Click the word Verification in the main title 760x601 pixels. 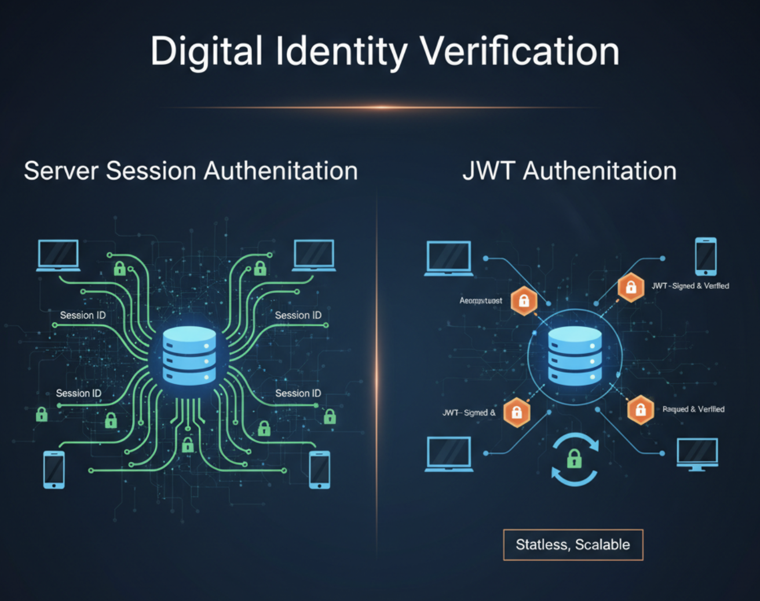[x=520, y=52]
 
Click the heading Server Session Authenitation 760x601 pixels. [x=191, y=171]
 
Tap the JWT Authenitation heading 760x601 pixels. [x=569, y=171]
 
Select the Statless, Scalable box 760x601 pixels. [x=573, y=545]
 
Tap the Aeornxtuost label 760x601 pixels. [x=481, y=300]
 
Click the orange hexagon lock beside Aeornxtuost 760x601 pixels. [x=524, y=300]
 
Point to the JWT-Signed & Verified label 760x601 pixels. [x=690, y=285]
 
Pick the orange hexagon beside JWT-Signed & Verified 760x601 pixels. [x=631, y=287]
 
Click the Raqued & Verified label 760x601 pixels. [x=693, y=409]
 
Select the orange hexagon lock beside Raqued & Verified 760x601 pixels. [x=641, y=410]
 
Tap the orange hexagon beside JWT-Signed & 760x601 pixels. [x=517, y=412]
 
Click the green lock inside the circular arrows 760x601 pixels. [x=574, y=460]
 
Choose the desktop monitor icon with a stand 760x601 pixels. [x=697, y=454]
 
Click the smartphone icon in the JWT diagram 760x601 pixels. [x=706, y=256]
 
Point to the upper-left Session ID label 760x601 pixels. [x=83, y=316]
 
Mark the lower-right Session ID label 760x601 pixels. [x=298, y=394]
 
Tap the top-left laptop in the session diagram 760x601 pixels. [x=58, y=255]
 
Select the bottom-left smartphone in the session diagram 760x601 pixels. [x=54, y=470]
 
